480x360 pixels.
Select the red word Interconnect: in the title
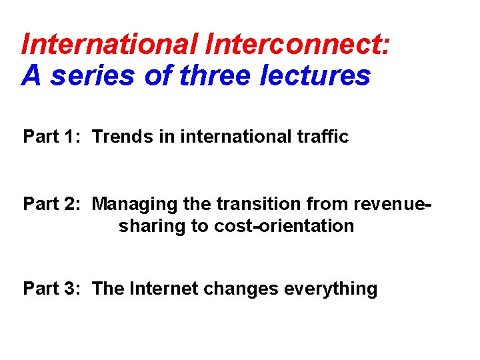[x=299, y=45]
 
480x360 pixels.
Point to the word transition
[x=251, y=203]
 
